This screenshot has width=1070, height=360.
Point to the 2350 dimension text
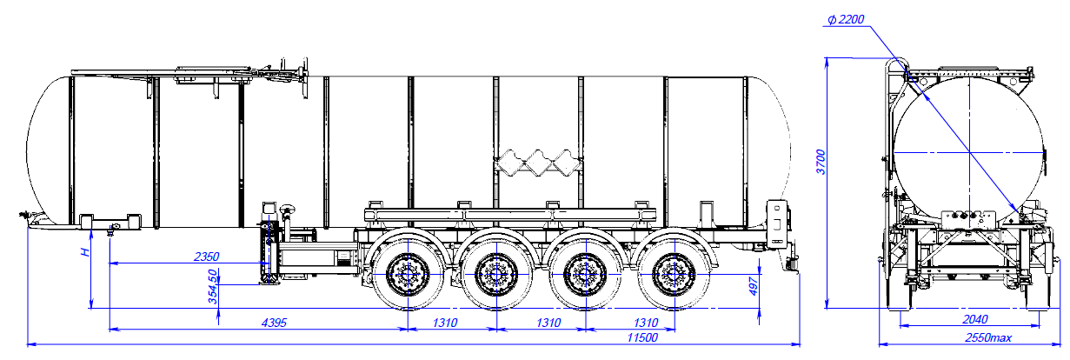pyautogui.click(x=206, y=257)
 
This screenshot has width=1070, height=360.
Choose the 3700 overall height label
pyautogui.click(x=819, y=162)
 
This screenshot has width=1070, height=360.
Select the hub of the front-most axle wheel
pyautogui.click(x=405, y=276)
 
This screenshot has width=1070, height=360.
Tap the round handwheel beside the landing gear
pyautogui.click(x=286, y=210)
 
